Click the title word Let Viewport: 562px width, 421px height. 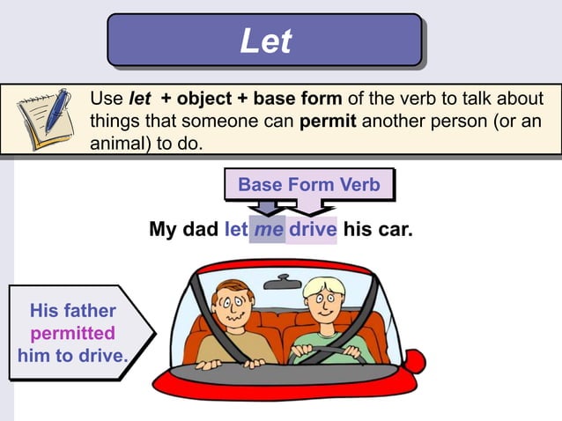point(265,41)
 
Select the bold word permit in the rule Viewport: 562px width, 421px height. point(328,121)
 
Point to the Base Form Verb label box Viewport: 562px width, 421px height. point(308,184)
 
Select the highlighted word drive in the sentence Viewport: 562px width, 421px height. point(313,230)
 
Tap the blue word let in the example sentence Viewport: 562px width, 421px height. point(236,230)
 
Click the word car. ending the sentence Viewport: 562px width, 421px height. point(394,230)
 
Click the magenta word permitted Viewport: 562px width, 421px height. point(73,333)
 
